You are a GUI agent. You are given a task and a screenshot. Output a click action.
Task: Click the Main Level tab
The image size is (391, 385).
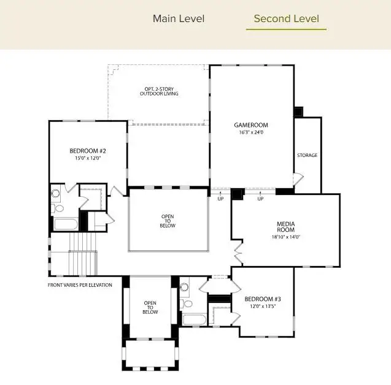point(179,18)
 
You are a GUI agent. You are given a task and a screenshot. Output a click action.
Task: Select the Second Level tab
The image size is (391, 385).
point(286,18)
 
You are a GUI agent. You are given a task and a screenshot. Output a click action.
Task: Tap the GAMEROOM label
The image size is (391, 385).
point(251,125)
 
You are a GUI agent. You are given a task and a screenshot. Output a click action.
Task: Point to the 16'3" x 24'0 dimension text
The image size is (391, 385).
point(251,132)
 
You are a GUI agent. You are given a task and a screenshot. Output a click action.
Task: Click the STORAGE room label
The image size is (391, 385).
point(308,156)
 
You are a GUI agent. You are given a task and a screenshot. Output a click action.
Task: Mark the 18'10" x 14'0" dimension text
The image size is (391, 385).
point(286,237)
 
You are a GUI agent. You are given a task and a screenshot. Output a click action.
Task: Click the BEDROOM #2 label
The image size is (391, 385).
point(88,151)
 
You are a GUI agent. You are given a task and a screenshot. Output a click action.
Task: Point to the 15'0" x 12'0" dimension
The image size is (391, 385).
point(88,158)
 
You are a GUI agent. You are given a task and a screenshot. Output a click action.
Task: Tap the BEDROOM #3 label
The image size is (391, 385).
point(263,299)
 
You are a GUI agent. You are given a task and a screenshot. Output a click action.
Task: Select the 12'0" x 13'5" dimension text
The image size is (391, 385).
point(263,307)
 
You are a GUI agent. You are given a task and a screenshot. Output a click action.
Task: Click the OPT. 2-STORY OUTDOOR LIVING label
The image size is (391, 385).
point(159,91)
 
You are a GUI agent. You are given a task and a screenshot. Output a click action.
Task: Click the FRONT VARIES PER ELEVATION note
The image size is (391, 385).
point(80,285)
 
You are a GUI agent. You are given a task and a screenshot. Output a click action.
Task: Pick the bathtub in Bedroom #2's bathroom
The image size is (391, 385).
point(64,223)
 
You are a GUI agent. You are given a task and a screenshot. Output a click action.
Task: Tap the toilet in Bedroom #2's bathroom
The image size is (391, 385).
point(56,194)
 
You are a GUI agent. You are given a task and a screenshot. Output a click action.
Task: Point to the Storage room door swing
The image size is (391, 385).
point(298,180)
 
